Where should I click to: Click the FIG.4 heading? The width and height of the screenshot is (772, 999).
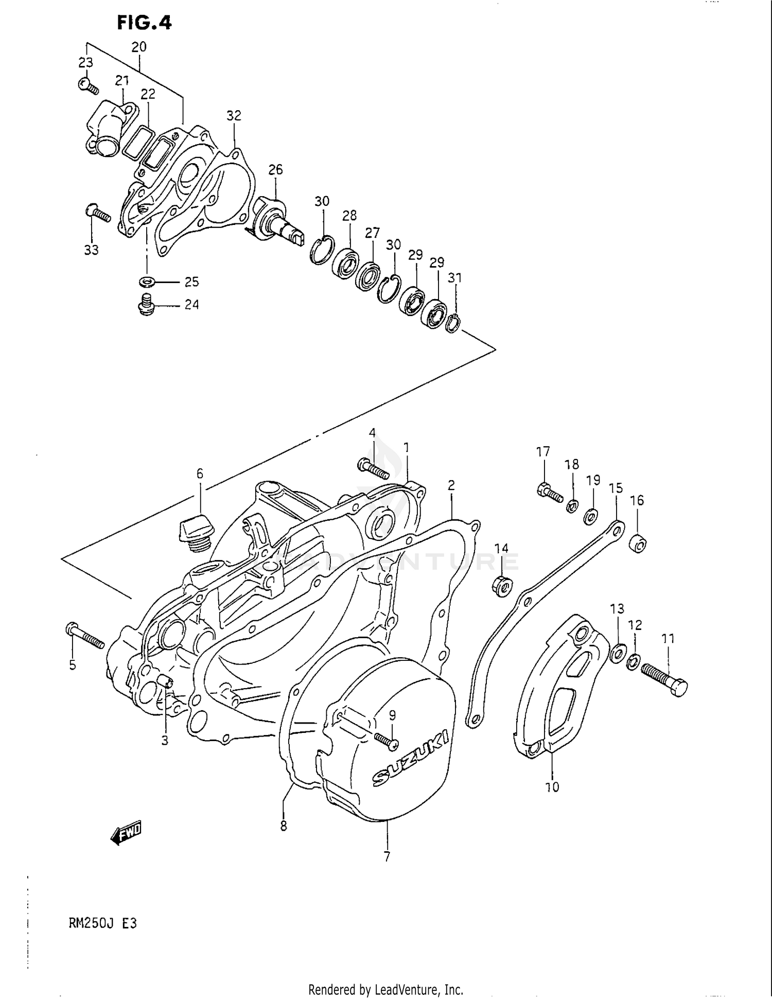(144, 22)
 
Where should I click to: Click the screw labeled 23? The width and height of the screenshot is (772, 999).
(89, 85)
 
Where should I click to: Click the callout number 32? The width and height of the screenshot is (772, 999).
(234, 115)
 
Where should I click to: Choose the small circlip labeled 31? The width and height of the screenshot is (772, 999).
(453, 323)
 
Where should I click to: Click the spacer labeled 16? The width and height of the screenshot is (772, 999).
(638, 544)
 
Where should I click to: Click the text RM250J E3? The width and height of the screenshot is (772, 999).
(103, 923)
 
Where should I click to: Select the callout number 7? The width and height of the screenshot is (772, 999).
(387, 856)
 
